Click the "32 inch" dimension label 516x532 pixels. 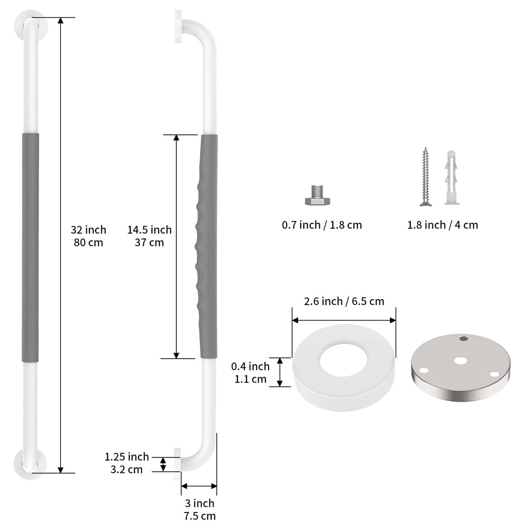pyautogui.click(x=88, y=230)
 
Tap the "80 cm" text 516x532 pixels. pyautogui.click(x=88, y=243)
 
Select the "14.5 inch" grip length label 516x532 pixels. pyautogui.click(x=149, y=230)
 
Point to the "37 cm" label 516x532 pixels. pyautogui.click(x=149, y=243)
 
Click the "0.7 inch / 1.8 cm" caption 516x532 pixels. pyautogui.click(x=322, y=225)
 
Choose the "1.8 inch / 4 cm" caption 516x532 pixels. pyautogui.click(x=442, y=225)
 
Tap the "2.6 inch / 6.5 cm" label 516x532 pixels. pyautogui.click(x=344, y=301)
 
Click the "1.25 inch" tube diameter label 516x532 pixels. pyautogui.click(x=127, y=457)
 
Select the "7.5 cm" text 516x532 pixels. pyautogui.click(x=199, y=516)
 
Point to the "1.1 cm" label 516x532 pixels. pyautogui.click(x=250, y=379)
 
